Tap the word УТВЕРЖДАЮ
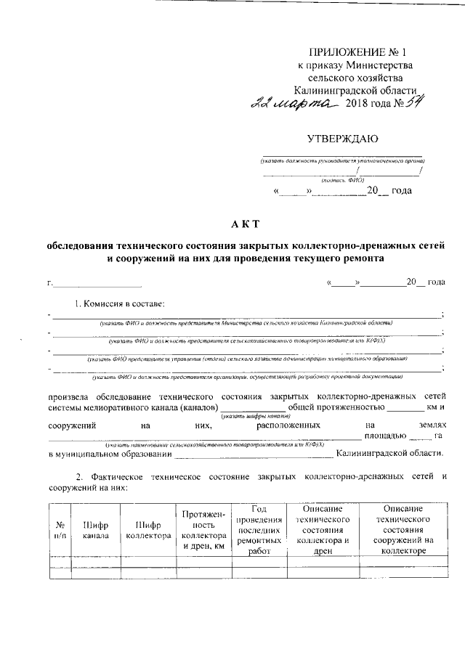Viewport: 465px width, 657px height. [x=343, y=138]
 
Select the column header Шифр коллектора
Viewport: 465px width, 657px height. [x=147, y=530]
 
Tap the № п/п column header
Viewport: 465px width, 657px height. [x=60, y=530]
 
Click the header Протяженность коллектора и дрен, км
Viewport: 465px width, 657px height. [x=203, y=530]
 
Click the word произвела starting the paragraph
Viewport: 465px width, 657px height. [x=73, y=397]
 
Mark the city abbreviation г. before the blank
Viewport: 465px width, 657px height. [x=49, y=282]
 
